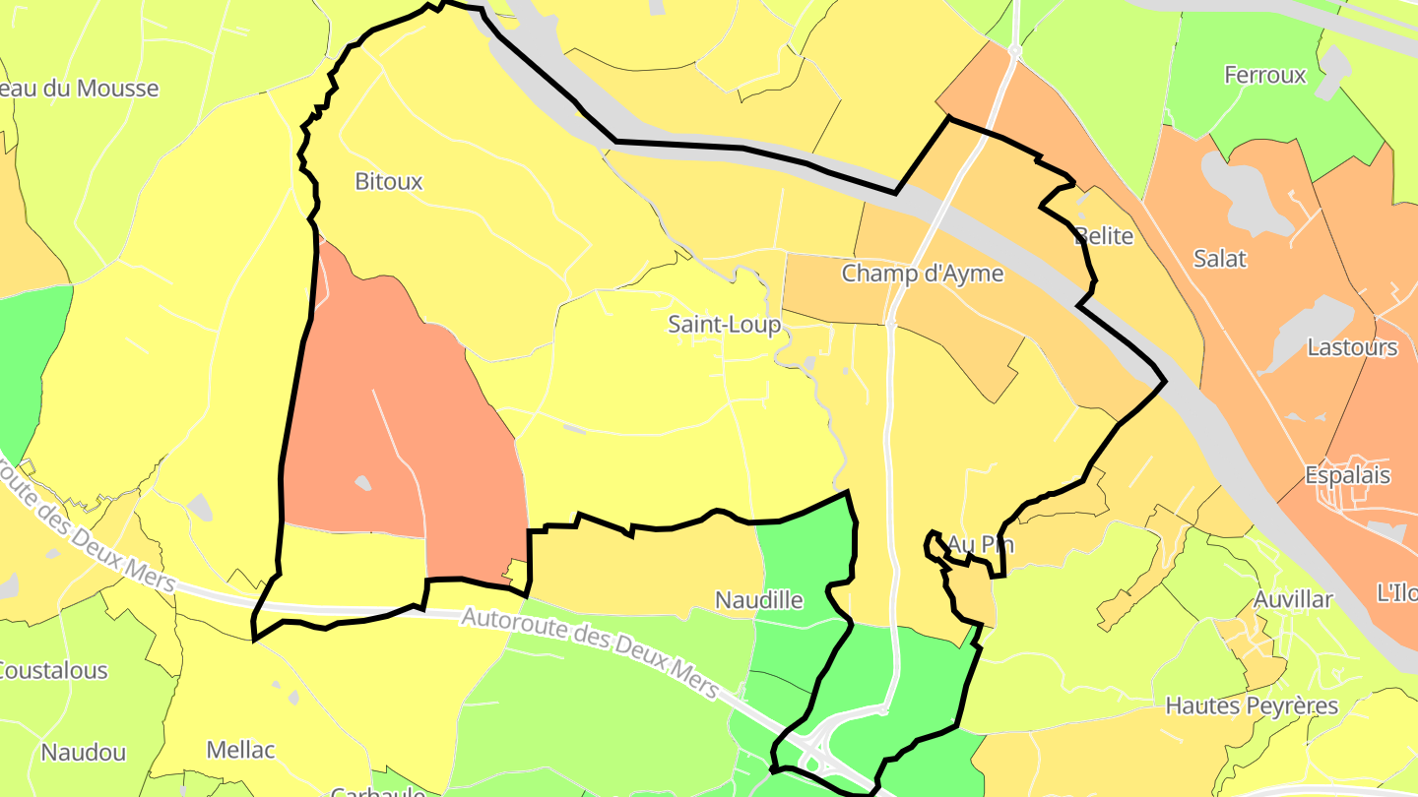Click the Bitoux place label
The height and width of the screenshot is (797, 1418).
388,182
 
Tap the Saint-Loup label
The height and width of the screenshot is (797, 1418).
724,325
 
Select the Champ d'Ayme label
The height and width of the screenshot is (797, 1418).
922,274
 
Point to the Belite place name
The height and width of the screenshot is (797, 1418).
1104,236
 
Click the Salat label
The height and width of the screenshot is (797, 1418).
1219,259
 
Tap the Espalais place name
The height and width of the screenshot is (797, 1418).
1347,475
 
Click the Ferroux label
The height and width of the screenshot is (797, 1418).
1264,75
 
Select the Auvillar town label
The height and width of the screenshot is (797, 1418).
1292,599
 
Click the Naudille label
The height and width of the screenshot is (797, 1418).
758,600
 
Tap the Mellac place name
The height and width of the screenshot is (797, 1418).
240,750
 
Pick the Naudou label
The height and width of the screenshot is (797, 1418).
83,754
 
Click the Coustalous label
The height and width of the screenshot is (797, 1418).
51,671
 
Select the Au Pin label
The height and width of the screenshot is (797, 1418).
980,544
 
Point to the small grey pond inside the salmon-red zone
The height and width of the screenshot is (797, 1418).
362,482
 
